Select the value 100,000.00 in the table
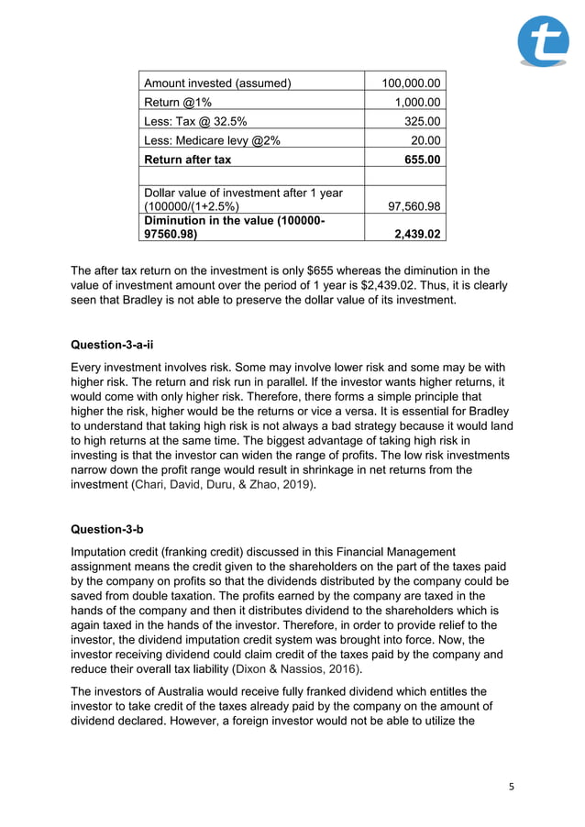coord(411,83)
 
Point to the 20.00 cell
coord(426,140)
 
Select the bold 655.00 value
coord(423,160)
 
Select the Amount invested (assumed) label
coord(217,83)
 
